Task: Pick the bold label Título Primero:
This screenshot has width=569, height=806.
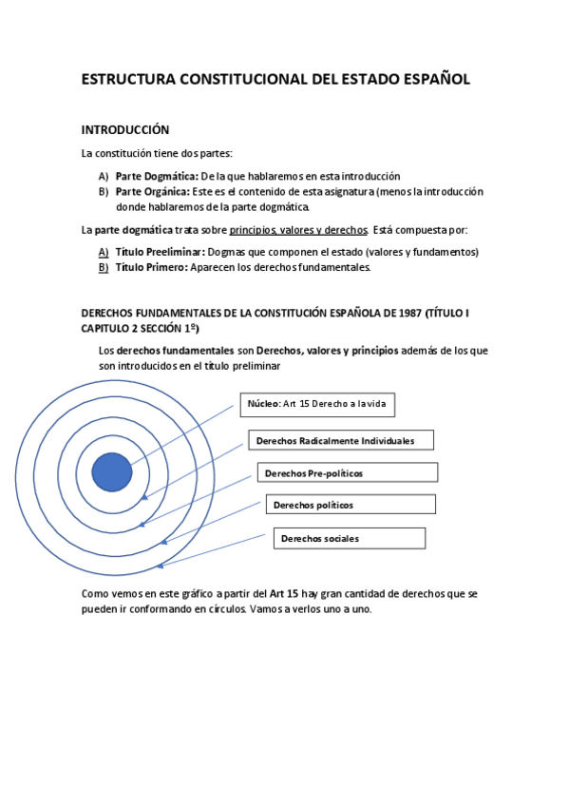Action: click(152, 267)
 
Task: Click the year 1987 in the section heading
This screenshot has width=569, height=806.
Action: click(406, 313)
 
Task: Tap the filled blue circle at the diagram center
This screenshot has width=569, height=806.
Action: click(112, 472)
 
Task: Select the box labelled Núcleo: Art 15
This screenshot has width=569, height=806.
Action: click(315, 404)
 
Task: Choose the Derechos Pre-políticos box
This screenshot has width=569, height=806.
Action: click(347, 472)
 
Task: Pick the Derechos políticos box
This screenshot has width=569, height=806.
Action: click(351, 505)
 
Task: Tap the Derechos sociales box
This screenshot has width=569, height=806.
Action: click(349, 538)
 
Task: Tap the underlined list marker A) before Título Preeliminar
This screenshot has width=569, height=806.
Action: click(103, 252)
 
